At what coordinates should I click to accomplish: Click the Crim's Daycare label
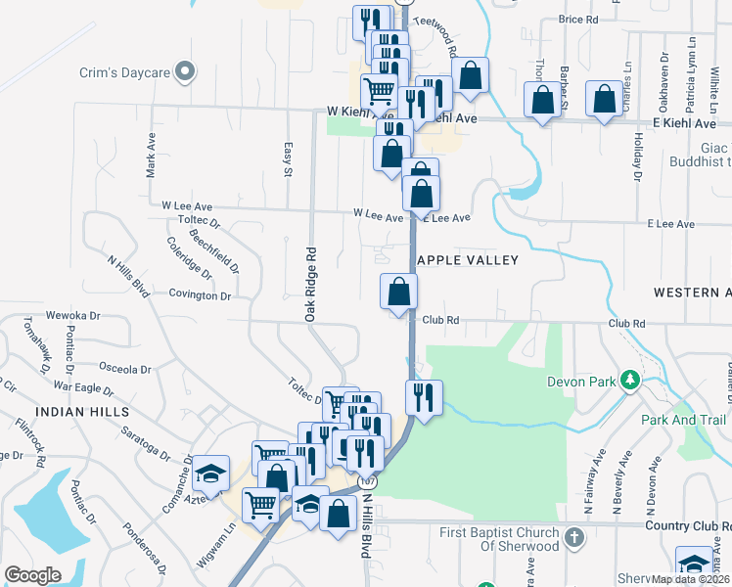pos(125,72)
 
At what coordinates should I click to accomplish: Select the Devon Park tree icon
pos(632,381)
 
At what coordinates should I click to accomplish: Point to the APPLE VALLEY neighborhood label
pos(454,260)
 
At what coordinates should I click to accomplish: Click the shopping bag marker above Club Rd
pos(398,292)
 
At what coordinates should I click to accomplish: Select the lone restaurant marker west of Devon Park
pos(424,397)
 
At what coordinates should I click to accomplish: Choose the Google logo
pos(32,574)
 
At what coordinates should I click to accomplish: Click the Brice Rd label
pos(577,20)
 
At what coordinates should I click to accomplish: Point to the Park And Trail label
pos(683,420)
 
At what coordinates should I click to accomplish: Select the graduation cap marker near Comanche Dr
pos(209,474)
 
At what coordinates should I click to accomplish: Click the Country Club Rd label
pos(689,525)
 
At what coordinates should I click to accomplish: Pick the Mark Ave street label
pos(151,155)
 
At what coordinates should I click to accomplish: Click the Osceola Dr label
pos(124,370)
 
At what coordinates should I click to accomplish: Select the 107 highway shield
pos(368,481)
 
